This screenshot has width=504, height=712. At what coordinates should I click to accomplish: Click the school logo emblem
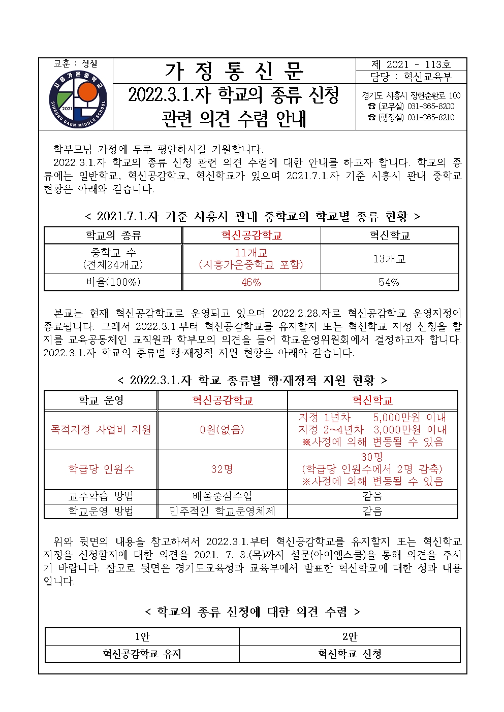click(78, 98)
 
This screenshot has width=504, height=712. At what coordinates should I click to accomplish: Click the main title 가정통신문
click(234, 71)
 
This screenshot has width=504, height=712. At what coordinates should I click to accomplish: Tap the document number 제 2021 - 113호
click(411, 64)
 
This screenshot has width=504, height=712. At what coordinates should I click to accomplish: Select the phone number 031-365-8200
click(431, 106)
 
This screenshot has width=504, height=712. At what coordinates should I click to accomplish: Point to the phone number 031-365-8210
click(431, 117)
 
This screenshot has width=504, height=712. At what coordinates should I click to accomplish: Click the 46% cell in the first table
click(251, 282)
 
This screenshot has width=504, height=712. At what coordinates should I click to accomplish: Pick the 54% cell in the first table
click(389, 282)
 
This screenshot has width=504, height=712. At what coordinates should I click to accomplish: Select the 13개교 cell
click(389, 259)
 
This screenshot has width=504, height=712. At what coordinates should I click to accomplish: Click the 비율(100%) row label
click(113, 282)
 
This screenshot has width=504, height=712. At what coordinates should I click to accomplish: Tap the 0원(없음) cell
click(222, 430)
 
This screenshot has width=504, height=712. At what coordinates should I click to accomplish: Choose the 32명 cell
click(222, 469)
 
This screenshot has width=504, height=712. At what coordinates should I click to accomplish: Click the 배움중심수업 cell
click(222, 496)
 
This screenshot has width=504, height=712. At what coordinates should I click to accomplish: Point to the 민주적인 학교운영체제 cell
click(222, 511)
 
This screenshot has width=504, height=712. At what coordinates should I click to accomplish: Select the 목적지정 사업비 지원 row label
click(101, 430)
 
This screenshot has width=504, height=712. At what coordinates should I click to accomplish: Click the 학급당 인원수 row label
click(101, 469)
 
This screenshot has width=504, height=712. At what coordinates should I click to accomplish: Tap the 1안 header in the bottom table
click(142, 636)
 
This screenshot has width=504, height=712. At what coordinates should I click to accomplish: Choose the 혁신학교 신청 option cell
click(350, 654)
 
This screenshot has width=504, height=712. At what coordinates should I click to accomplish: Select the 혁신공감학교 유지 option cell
click(142, 654)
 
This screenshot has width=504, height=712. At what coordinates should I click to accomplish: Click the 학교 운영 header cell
click(101, 400)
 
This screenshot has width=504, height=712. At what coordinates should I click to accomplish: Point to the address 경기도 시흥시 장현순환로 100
click(411, 95)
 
